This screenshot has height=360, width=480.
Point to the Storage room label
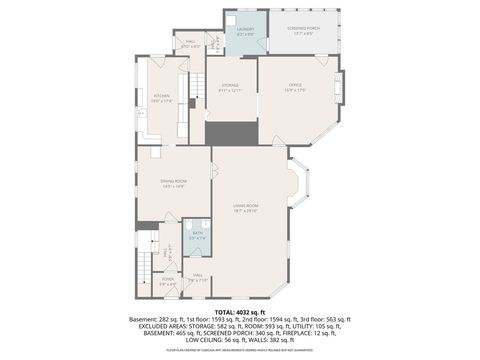coord(231,89)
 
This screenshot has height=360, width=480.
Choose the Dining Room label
coord(175,183)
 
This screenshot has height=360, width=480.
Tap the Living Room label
coord(246,208)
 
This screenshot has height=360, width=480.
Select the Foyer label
coord(169,281)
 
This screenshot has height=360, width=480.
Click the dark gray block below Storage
coord(231,132)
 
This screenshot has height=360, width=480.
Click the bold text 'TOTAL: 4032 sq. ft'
coord(240,312)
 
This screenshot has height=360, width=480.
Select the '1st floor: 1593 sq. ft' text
coord(220,319)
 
